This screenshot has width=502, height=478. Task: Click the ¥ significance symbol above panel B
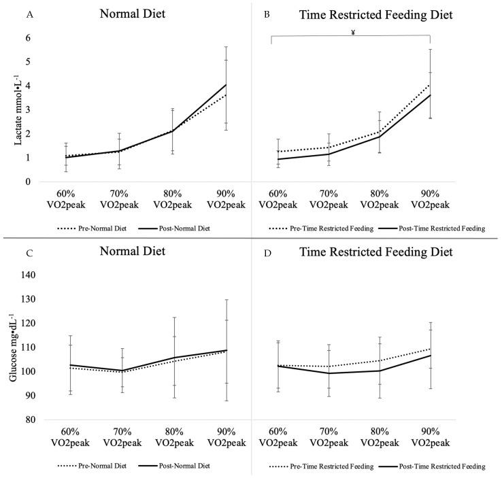353,31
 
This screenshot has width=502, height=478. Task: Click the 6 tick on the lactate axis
29,38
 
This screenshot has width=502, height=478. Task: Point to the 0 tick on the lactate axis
29,182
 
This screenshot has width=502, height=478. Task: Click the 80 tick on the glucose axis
27,420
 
